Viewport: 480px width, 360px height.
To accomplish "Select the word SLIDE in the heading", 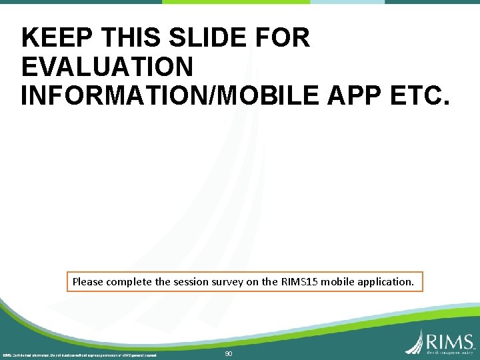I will [197, 38].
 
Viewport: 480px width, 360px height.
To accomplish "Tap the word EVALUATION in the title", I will [107, 67].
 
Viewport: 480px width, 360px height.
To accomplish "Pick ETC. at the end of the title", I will [421, 95].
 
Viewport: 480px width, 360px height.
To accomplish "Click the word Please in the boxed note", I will [88, 282].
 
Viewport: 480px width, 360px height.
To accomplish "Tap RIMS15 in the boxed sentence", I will [299, 282].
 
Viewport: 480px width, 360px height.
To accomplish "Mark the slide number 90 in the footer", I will [229, 354].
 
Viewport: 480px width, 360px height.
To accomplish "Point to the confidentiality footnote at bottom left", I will [79, 355].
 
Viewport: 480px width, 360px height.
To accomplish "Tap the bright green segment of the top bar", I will [236, 2].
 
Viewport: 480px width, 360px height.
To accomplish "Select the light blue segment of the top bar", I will [347, 2].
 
